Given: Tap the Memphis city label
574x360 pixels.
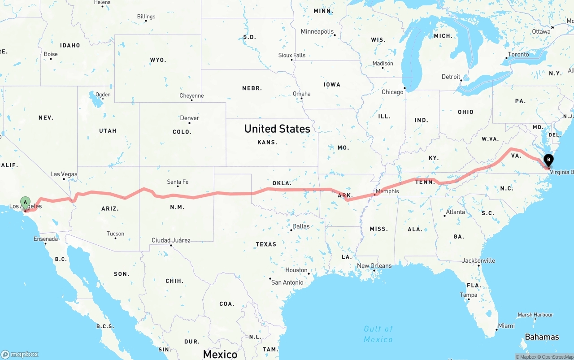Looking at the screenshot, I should pyautogui.click(x=387, y=191).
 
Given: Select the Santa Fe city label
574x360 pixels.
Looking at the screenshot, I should pyautogui.click(x=178, y=182).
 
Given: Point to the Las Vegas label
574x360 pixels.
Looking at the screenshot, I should pyautogui.click(x=64, y=174).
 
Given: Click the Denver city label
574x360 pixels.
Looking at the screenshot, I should pyautogui.click(x=189, y=118).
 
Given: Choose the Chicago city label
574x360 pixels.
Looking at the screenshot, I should pyautogui.click(x=392, y=92).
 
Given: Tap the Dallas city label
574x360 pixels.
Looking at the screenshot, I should pyautogui.click(x=301, y=226).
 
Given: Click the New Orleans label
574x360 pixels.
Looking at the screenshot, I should pyautogui.click(x=374, y=265).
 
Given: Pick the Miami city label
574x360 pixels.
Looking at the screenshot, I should pyautogui.click(x=506, y=326).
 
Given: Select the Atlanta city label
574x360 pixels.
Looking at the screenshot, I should pyautogui.click(x=456, y=212).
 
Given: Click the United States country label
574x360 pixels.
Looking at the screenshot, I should pyautogui.click(x=277, y=129).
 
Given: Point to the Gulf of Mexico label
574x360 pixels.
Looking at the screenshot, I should pyautogui.click(x=378, y=334).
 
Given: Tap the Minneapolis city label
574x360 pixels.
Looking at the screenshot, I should pyautogui.click(x=317, y=31).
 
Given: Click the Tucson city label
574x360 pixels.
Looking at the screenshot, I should pyautogui.click(x=115, y=234).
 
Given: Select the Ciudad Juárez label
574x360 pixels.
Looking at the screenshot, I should pyautogui.click(x=171, y=240).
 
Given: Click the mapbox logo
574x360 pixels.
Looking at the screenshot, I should pyautogui.click(x=20, y=354).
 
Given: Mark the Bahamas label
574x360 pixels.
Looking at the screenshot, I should pyautogui.click(x=542, y=337).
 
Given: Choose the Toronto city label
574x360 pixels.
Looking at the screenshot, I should pyautogui.click(x=518, y=54).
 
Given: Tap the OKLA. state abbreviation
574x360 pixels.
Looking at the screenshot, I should pyautogui.click(x=282, y=183).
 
